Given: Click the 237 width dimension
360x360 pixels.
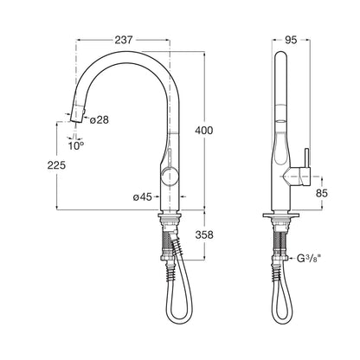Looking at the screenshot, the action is (124, 40).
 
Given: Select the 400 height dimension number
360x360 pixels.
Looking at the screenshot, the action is (204, 131).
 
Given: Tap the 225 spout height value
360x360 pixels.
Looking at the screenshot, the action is (56, 165).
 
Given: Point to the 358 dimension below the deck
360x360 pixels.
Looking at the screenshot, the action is (204, 235).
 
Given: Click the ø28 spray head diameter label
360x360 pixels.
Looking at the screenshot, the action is (100, 119).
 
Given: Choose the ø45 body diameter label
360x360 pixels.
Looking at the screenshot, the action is (142, 197).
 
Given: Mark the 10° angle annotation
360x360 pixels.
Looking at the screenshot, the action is (76, 146).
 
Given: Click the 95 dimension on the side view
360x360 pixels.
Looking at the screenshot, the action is (291, 40).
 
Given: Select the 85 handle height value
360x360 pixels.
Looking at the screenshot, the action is (322, 193).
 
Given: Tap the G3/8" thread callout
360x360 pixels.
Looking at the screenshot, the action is (309, 258).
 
